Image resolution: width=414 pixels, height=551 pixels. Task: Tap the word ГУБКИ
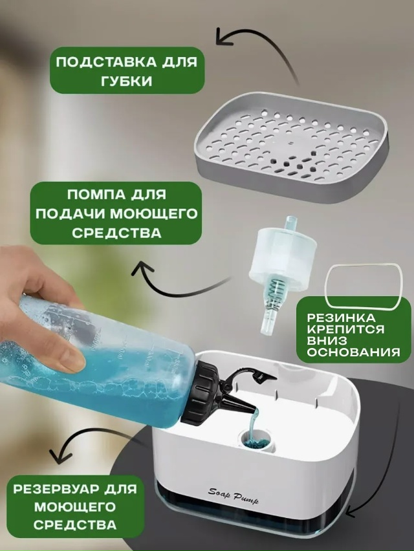coord(127,81)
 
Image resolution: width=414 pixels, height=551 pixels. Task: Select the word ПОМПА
coord(92,194)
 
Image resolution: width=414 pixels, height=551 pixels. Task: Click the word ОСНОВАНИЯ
coord(354,352)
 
